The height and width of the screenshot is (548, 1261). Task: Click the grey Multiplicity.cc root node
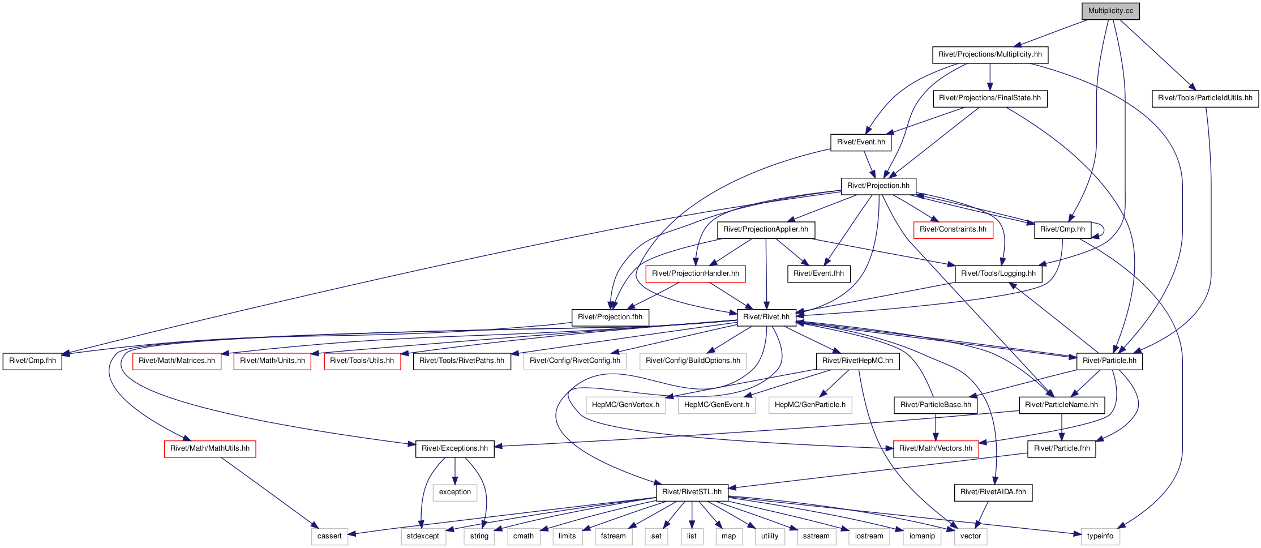tap(1110, 11)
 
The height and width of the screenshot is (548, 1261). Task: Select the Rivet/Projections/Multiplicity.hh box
tap(990, 55)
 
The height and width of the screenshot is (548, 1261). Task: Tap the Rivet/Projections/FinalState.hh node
tap(990, 99)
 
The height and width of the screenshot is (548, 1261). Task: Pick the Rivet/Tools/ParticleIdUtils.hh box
tap(1205, 99)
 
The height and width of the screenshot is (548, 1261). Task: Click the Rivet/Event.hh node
tap(861, 142)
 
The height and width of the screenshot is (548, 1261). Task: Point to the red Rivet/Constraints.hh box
tap(953, 230)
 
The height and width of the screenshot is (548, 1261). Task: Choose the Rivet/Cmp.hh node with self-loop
tap(1062, 230)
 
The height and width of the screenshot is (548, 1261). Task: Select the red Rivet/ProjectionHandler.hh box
tap(696, 273)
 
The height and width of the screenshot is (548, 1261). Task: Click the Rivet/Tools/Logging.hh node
tap(998, 273)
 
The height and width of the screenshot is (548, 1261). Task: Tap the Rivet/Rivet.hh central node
tap(766, 317)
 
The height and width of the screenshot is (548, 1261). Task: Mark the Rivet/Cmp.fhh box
tap(33, 361)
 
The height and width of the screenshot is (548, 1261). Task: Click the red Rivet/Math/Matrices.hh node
tap(177, 361)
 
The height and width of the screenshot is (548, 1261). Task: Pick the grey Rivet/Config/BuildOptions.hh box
tap(693, 361)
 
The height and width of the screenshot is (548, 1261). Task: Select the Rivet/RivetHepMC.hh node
tap(857, 361)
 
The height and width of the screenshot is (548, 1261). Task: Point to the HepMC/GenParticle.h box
tap(810, 405)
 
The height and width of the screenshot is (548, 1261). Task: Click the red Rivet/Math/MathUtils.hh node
tap(210, 449)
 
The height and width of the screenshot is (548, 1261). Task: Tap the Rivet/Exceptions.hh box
tap(454, 449)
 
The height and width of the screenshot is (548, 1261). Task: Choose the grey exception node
tap(455, 493)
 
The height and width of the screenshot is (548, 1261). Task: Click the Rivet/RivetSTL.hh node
tap(692, 493)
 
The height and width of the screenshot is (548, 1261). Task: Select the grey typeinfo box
tap(1100, 537)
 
